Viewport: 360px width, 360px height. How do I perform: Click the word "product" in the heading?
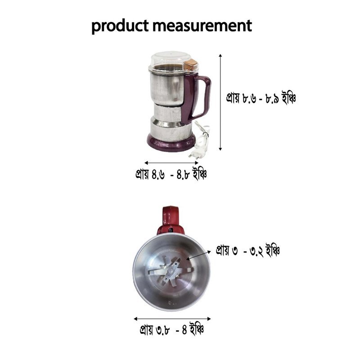coord(120,26)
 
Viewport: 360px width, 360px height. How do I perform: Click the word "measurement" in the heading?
coord(202,26)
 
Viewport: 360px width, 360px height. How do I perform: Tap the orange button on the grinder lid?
coord(191,64)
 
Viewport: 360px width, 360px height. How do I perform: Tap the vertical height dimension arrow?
coord(220,103)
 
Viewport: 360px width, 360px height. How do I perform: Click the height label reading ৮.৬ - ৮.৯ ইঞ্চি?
coord(261,98)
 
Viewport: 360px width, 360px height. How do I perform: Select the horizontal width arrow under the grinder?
coord(171,163)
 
